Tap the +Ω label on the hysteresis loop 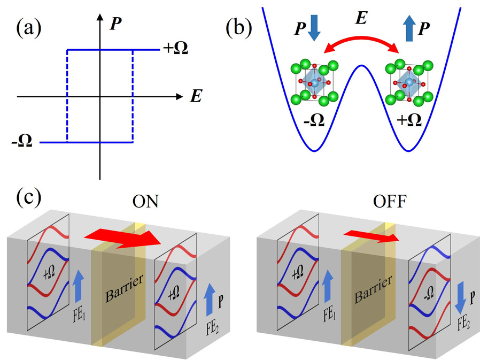(176, 50)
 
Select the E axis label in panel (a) (195, 97)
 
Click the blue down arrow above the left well (314, 30)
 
